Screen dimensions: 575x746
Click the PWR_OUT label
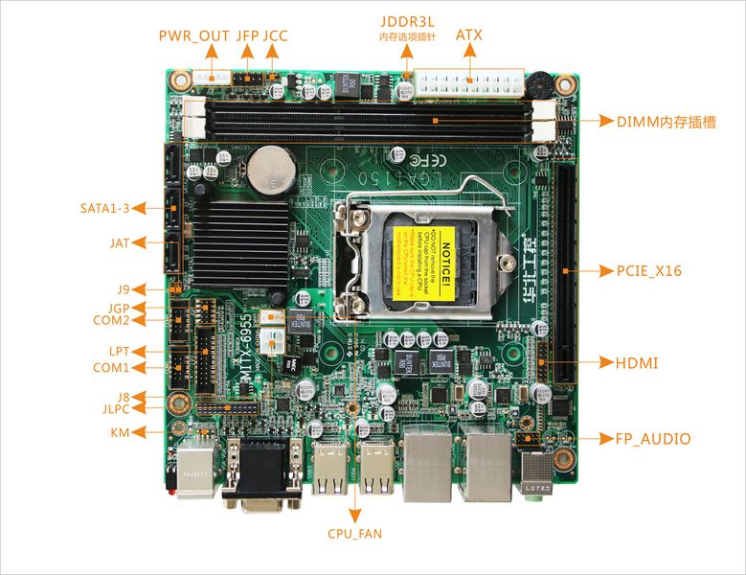[x=193, y=35]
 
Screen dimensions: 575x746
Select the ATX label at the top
[x=469, y=34]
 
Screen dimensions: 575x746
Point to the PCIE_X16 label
[x=648, y=271]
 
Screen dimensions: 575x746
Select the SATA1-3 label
[x=104, y=208]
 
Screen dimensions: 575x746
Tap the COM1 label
[x=111, y=368]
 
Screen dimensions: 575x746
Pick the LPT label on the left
[x=119, y=351]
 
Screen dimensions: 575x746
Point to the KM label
[x=120, y=432]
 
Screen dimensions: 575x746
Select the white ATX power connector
[x=469, y=82]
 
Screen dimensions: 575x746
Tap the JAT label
[x=119, y=243]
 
